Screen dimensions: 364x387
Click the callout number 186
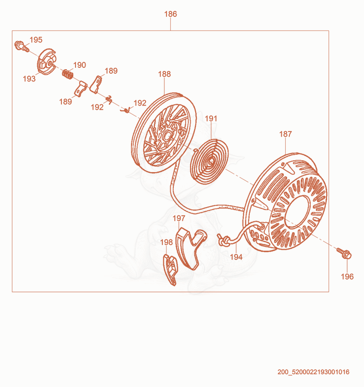pos(171,14)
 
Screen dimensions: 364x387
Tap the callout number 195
pos(36,40)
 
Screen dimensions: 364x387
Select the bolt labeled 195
pos(22,46)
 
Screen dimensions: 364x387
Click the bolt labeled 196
pos(344,253)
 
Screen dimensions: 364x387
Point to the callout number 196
pos(347,277)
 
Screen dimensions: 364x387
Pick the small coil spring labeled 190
pos(67,74)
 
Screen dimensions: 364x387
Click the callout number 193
pos(29,79)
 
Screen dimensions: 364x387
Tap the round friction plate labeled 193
pos(47,62)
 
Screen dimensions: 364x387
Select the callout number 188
pos(164,74)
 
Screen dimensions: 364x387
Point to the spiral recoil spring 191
pos(210,162)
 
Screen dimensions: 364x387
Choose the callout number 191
pos(211,119)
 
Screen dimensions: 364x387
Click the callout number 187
pos(285,134)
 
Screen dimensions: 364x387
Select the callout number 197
pos(179,219)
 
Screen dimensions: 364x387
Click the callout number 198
pos(167,242)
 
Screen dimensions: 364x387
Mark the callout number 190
pos(80,65)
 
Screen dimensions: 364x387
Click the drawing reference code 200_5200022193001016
pos(313,372)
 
